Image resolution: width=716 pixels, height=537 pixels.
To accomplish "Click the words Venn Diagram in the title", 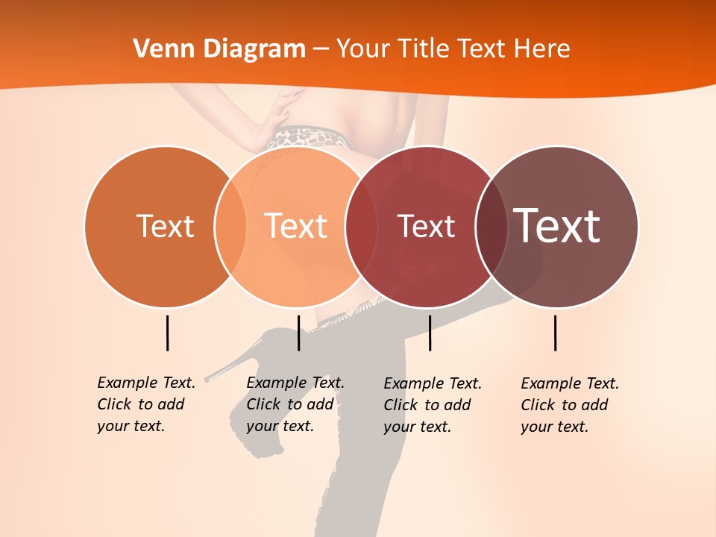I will (x=219, y=49).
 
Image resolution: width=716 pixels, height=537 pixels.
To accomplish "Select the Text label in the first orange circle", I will (x=165, y=226).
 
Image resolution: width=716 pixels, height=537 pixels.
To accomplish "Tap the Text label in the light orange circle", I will (x=295, y=226).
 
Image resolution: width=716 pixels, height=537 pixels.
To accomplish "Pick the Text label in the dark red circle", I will (x=426, y=226).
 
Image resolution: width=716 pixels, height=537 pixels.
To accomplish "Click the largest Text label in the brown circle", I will (x=556, y=225).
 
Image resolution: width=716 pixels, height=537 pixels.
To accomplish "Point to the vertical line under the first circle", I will (x=167, y=333).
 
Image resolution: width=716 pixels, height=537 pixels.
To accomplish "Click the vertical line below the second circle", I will (x=298, y=333).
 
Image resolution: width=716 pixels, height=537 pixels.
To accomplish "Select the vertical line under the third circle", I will (x=430, y=333).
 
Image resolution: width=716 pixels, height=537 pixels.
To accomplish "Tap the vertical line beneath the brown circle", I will (x=555, y=333).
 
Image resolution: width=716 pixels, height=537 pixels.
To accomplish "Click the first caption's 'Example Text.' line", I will (x=146, y=383).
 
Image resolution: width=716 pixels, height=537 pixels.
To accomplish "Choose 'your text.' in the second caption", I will (x=280, y=426).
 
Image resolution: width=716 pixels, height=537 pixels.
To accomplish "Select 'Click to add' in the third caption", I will (x=427, y=405).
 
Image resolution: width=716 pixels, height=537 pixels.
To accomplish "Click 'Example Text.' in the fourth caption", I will (x=570, y=383).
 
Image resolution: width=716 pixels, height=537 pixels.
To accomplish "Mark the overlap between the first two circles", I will (x=230, y=226).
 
